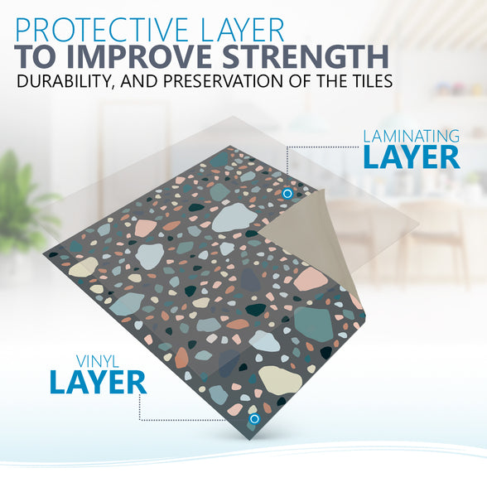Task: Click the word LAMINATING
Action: [411, 137]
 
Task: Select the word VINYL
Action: [98, 362]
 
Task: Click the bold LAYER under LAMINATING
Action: [412, 157]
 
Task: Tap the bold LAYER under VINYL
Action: [98, 383]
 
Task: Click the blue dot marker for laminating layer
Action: [287, 194]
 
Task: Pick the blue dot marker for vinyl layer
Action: [254, 419]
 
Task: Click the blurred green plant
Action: [23, 205]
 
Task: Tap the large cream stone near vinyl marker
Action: [280, 380]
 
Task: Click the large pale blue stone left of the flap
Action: [230, 218]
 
